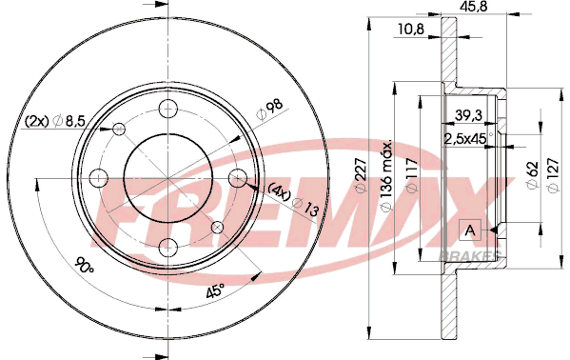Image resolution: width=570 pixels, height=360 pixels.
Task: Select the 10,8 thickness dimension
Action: coord(411,30)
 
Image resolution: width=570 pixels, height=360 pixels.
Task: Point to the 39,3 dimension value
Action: coord(468,115)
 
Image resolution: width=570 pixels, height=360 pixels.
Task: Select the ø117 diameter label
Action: coord(412,174)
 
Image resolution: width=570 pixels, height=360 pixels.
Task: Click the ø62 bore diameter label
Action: coord(532,174)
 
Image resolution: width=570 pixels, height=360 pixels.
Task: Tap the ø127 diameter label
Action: coord(553,175)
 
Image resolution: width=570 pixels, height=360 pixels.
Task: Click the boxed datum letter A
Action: coord(470,230)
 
